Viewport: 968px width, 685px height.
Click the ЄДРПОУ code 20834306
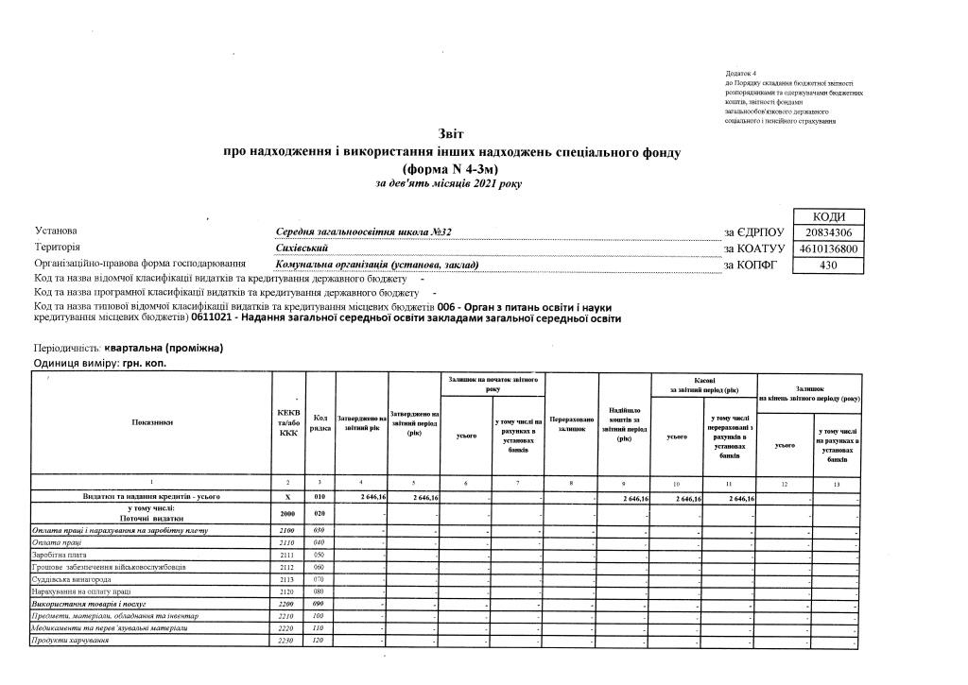pyautogui.click(x=829, y=232)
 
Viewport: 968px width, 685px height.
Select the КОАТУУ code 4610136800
pyautogui.click(x=829, y=248)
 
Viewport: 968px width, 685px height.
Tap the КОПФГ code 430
pyautogui.click(x=829, y=265)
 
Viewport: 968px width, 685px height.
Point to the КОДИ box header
pyautogui.click(x=829, y=216)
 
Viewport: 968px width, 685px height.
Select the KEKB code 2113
pyautogui.click(x=288, y=579)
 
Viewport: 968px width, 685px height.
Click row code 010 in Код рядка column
pyautogui.click(x=320, y=497)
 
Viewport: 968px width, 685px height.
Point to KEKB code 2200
pyautogui.click(x=288, y=604)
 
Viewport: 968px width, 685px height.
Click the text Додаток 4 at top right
pyautogui.click(x=742, y=73)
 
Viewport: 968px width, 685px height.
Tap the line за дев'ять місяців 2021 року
pyautogui.click(x=448, y=184)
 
